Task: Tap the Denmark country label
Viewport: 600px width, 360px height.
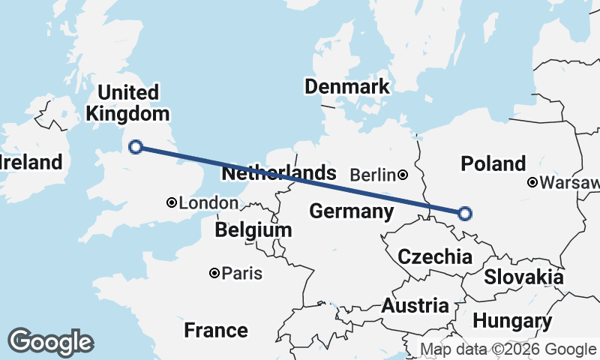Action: click(x=346, y=86)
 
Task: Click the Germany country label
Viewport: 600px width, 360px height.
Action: click(x=352, y=211)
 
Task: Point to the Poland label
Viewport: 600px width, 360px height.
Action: click(x=493, y=163)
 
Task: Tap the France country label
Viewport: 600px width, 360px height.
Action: click(x=216, y=330)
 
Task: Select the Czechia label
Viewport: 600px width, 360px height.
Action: click(x=435, y=257)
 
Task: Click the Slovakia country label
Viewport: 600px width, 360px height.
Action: click(x=523, y=277)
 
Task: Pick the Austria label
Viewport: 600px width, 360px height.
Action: click(x=415, y=306)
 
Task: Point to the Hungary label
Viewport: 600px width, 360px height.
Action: click(x=511, y=322)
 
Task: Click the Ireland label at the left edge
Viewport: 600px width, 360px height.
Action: click(x=30, y=162)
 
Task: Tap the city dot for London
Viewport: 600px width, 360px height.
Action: click(x=172, y=202)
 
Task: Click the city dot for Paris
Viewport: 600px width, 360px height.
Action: click(x=214, y=273)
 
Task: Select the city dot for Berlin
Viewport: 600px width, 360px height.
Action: click(x=403, y=175)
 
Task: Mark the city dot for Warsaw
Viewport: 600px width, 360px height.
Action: click(x=532, y=182)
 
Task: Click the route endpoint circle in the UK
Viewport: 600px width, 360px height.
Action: click(x=136, y=147)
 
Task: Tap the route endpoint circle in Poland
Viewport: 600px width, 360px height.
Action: click(x=464, y=214)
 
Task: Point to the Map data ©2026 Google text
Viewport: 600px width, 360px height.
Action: click(x=507, y=349)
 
